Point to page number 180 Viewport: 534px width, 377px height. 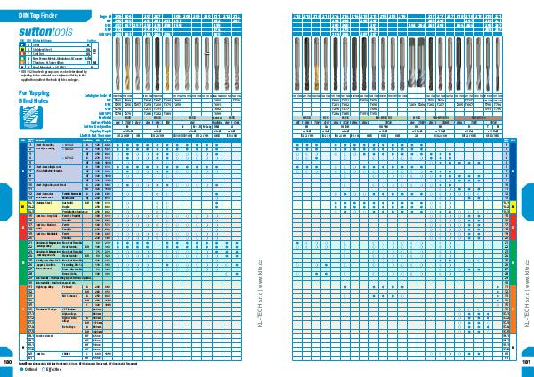click(8, 363)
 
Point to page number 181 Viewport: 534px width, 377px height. click(525, 363)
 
